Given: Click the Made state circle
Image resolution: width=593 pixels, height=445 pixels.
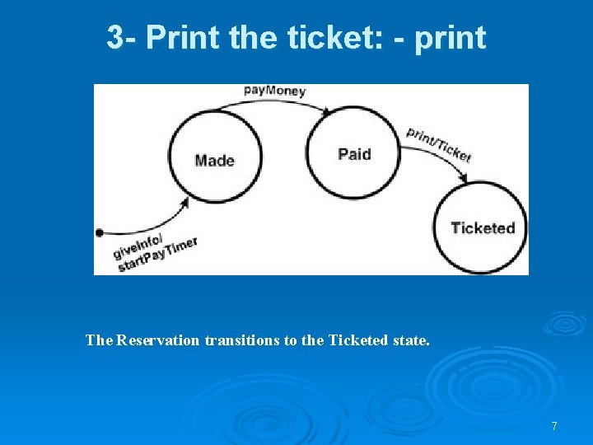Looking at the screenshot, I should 215,159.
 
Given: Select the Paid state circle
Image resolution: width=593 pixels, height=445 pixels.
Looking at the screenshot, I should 353,153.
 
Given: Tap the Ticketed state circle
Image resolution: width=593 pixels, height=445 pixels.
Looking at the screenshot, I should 482,227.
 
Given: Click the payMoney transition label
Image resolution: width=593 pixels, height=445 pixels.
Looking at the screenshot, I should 274,89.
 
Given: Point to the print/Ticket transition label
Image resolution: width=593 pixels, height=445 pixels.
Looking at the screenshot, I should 438,145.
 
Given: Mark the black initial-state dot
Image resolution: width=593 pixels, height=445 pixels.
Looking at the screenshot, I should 100,232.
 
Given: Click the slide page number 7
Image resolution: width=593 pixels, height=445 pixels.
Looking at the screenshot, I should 554,426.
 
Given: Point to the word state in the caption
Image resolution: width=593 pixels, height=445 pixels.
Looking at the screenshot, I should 409,340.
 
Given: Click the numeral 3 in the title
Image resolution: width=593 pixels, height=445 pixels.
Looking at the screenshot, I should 116,37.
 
